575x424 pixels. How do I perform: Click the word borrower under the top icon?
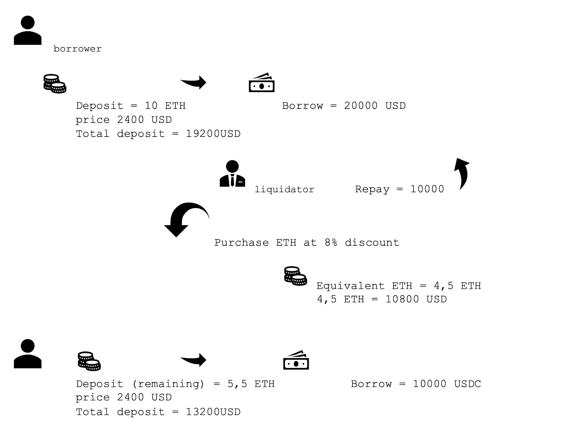coord(78,49)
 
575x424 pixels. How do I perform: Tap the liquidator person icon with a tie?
coord(232,174)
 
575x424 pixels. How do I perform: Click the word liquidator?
coord(284,189)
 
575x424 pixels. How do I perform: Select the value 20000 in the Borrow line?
coord(361,106)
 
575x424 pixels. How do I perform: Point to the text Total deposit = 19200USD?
coord(158,134)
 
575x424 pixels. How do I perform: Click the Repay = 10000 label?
coord(399,189)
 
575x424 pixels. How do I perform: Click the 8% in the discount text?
coord(331,243)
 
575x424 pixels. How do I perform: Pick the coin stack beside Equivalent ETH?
coord(295,276)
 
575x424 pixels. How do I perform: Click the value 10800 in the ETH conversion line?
coord(402,299)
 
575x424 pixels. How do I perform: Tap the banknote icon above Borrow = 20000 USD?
coord(262,83)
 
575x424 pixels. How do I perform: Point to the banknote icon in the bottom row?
coord(296,360)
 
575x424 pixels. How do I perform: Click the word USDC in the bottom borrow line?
coord(467,384)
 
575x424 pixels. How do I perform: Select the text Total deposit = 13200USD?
coord(158,412)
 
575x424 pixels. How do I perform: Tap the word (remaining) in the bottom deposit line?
coord(168,384)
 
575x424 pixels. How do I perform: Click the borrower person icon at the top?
coord(28,30)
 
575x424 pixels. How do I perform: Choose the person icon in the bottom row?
coord(28,354)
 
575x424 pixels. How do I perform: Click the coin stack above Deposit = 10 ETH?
coord(55,84)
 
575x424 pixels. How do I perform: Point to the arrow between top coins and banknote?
coord(194,82)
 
